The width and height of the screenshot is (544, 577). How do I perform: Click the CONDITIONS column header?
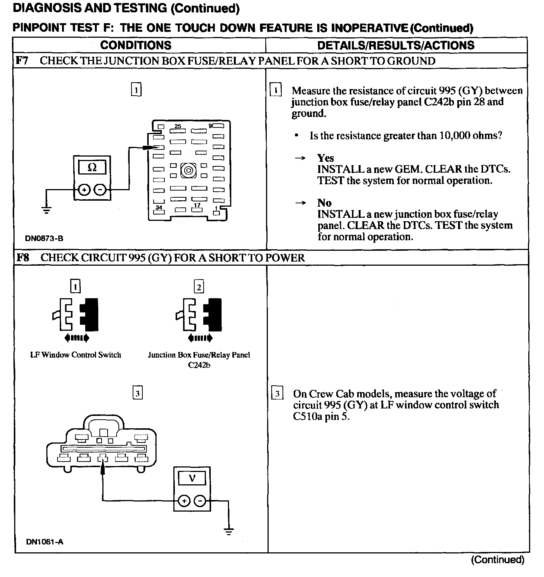pyautogui.click(x=136, y=45)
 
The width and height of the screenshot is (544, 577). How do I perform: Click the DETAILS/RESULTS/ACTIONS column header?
pyautogui.click(x=396, y=45)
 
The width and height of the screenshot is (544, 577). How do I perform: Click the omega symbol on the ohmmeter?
pyautogui.click(x=92, y=168)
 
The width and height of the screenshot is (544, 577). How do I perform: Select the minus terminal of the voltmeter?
pyautogui.click(x=200, y=501)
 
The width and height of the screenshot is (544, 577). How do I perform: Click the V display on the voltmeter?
pyautogui.click(x=192, y=478)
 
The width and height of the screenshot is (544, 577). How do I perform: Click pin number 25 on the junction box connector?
pyautogui.click(x=178, y=126)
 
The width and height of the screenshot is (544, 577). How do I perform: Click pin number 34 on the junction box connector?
pyautogui.click(x=159, y=207)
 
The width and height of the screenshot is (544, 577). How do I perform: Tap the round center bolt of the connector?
pyautogui.click(x=189, y=171)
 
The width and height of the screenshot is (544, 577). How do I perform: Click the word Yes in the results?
pyautogui.click(x=325, y=158)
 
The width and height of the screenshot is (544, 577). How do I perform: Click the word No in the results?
pyautogui.click(x=324, y=203)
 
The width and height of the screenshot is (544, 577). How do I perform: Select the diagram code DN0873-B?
pyautogui.click(x=44, y=238)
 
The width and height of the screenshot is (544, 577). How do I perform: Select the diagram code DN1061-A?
pyautogui.click(x=44, y=541)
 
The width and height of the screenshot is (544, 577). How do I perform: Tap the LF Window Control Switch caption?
pyautogui.click(x=75, y=355)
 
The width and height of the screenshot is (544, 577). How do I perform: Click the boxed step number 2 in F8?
pyautogui.click(x=199, y=287)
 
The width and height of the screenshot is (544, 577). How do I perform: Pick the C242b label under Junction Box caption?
pyautogui.click(x=199, y=365)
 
